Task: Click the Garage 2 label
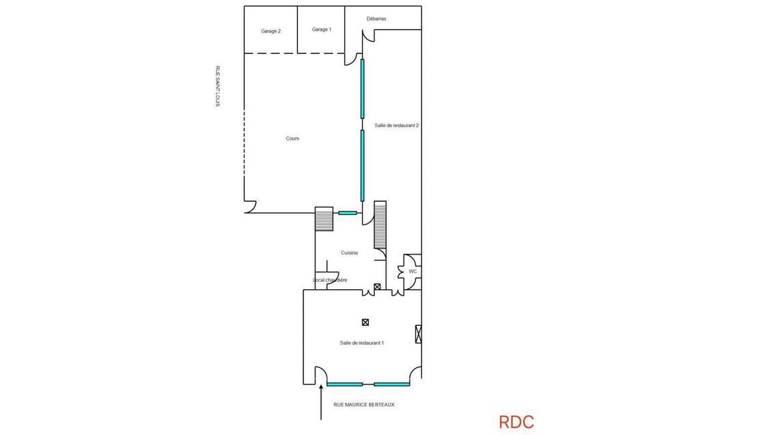271,31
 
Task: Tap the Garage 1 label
322,29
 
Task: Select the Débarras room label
376,18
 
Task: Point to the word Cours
292,138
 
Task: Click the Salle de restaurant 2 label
397,126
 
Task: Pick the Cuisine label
350,252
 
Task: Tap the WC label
413,272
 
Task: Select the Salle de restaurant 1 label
362,343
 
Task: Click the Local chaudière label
331,280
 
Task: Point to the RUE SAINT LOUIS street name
218,86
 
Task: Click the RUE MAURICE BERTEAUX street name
364,404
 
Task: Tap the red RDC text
516,422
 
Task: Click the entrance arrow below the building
321,402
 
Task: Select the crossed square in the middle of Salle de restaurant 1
366,322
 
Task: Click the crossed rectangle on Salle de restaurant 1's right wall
419,334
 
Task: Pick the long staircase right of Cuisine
380,224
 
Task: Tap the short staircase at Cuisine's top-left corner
324,219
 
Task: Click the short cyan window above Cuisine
348,213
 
